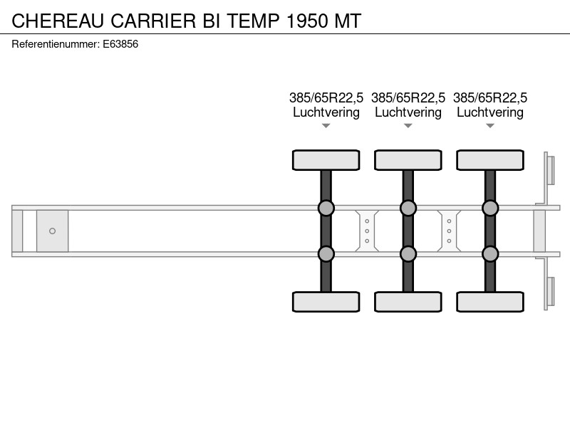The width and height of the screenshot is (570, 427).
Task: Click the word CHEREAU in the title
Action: [58, 21]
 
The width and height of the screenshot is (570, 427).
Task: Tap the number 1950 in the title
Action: [308, 21]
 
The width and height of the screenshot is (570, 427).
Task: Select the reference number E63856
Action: [120, 44]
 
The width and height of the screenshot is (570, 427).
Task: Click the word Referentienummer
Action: [56, 44]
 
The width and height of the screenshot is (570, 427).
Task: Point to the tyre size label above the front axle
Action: [326, 97]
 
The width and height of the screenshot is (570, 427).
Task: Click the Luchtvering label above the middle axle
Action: [408, 112]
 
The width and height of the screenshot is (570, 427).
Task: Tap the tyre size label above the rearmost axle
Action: [490, 97]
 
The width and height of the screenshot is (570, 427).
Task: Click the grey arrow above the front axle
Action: [326, 126]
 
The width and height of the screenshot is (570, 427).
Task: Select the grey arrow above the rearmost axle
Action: [490, 126]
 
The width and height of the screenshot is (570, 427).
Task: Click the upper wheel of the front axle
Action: [326, 160]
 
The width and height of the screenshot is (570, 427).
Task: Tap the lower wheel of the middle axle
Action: [408, 302]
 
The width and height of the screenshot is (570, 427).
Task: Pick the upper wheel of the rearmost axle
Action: [490, 160]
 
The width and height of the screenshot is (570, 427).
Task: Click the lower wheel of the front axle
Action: [326, 302]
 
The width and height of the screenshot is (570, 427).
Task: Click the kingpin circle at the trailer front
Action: [52, 231]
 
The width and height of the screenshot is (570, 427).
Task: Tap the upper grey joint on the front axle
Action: [326, 208]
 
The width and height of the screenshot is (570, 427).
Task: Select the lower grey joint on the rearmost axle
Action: [490, 254]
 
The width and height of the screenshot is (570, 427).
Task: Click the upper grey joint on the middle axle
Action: [408, 208]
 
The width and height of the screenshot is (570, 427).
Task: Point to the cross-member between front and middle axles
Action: [367, 231]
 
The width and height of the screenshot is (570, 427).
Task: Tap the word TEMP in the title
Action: [254, 21]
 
